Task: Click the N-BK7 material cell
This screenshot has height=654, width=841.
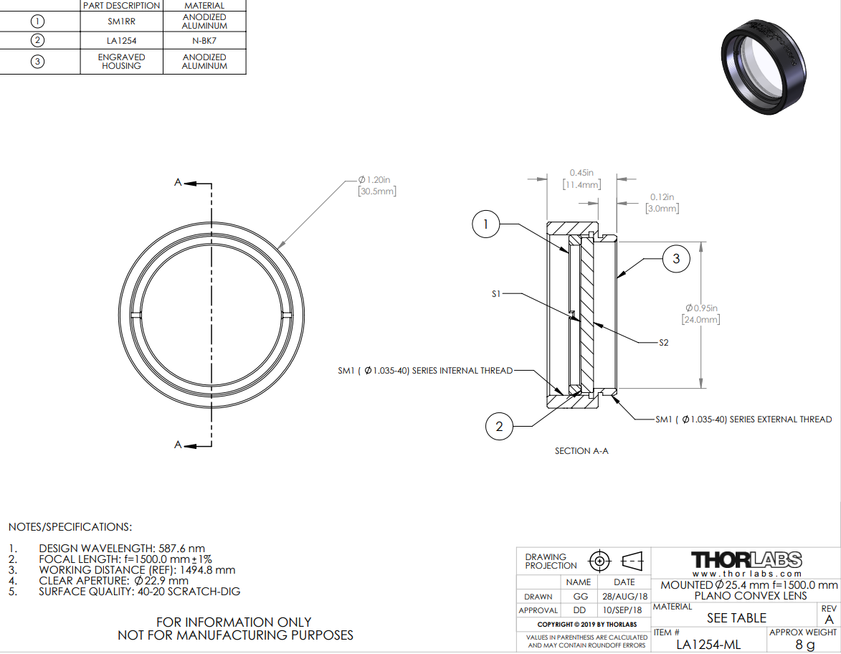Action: pyautogui.click(x=204, y=41)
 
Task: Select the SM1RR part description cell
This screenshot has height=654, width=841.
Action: pyautogui.click(x=122, y=22)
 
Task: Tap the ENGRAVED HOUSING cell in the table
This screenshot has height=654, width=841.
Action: pyautogui.click(x=122, y=61)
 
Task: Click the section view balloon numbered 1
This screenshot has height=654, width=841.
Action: pyautogui.click(x=486, y=224)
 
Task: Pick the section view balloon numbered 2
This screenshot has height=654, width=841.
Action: pyautogui.click(x=499, y=427)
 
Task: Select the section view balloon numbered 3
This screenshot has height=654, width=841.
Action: pyautogui.click(x=676, y=259)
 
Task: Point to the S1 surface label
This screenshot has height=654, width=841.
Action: pyautogui.click(x=496, y=293)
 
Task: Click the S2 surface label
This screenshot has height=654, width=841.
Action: pyautogui.click(x=664, y=342)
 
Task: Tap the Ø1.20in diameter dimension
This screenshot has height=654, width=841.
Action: pyautogui.click(x=377, y=185)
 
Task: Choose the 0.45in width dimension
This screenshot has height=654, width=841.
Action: pyautogui.click(x=582, y=179)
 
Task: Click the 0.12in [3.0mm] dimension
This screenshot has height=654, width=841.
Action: pyautogui.click(x=662, y=203)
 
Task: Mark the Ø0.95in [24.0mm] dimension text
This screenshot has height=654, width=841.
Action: pyautogui.click(x=701, y=314)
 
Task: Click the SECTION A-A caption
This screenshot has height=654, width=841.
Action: pyautogui.click(x=581, y=451)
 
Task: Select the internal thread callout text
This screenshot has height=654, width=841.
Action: pyautogui.click(x=425, y=371)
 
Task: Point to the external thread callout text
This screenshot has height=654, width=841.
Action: pyautogui.click(x=744, y=420)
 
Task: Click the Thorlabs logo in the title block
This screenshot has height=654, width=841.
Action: pyautogui.click(x=746, y=560)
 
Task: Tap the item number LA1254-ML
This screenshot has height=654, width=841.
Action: pyautogui.click(x=708, y=645)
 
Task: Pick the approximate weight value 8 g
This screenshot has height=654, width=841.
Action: pyautogui.click(x=805, y=645)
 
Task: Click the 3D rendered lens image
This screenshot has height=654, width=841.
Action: pyautogui.click(x=764, y=67)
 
